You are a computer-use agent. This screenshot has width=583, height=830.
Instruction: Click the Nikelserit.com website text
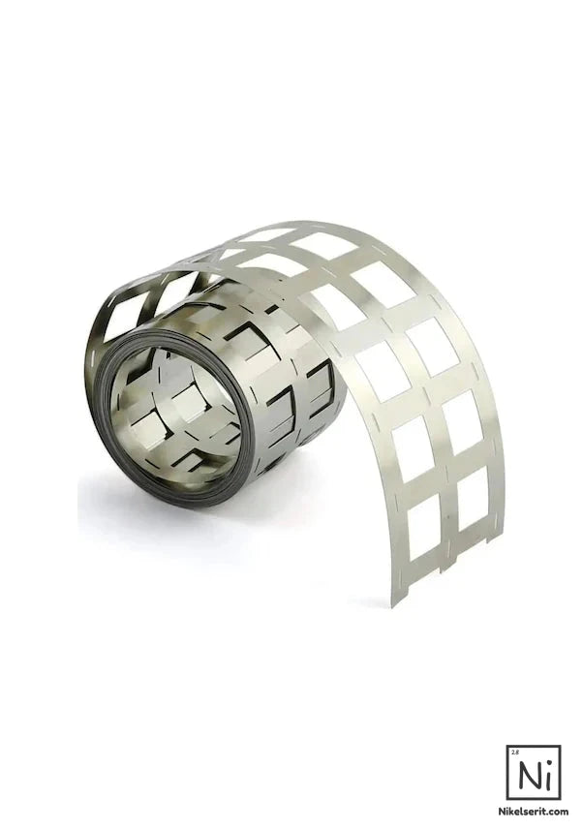[x=534, y=811]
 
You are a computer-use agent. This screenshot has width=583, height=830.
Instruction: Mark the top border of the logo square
[x=535, y=746]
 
